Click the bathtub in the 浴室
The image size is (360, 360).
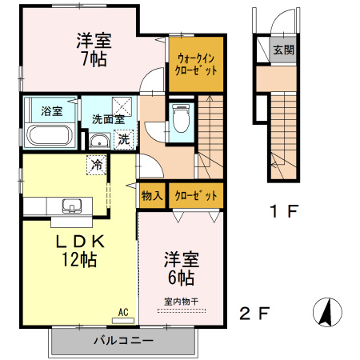click(50, 135)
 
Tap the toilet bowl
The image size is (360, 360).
click(181, 118)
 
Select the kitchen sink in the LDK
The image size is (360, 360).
click(72, 206)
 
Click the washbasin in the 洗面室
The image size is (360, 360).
click(99, 141)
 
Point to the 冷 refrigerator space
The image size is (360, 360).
click(97, 165)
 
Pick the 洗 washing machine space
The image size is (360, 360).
click(124, 139)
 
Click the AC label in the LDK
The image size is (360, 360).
click(123, 312)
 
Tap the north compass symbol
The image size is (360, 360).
click(327, 312)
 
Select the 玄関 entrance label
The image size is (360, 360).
click(283, 50)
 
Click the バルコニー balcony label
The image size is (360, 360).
click(124, 341)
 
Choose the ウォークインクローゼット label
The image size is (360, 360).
click(196, 64)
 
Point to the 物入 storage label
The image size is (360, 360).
click(152, 196)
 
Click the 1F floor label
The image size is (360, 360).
click(284, 211)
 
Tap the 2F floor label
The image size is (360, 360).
click(254, 314)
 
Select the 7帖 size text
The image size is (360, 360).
click(94, 59)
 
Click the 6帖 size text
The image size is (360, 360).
click(181, 278)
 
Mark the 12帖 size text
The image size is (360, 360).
click(79, 259)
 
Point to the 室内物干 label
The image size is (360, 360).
click(182, 302)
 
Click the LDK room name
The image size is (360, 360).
click(80, 242)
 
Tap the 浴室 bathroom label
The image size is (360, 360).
click(52, 111)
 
